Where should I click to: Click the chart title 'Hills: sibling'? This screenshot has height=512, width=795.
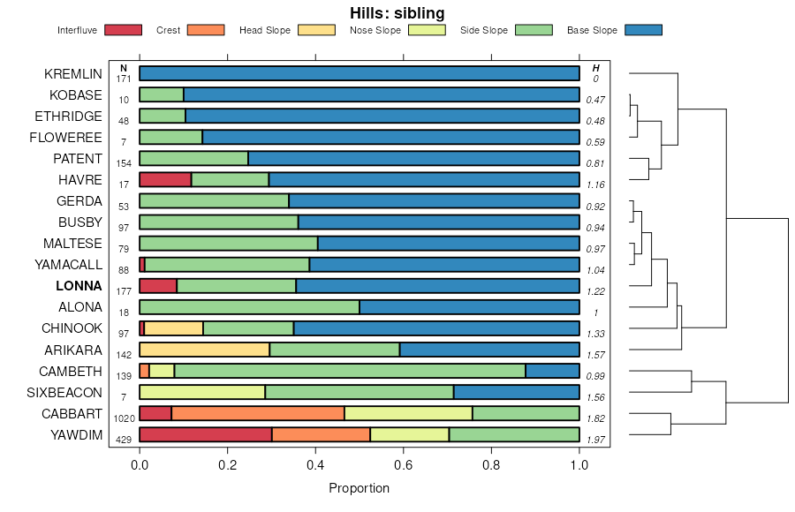click(x=397, y=13)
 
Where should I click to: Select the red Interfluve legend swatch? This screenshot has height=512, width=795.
click(x=123, y=30)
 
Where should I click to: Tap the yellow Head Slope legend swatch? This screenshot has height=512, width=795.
click(x=316, y=30)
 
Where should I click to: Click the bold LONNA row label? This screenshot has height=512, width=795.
click(x=79, y=286)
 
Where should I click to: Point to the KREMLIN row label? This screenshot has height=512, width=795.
click(x=73, y=74)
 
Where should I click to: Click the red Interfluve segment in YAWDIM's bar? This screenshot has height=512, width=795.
click(x=205, y=434)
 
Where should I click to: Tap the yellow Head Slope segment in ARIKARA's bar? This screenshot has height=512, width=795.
click(x=204, y=350)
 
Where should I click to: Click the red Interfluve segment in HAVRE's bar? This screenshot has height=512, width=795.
click(x=165, y=180)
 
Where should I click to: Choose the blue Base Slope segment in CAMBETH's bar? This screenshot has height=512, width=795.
click(x=552, y=371)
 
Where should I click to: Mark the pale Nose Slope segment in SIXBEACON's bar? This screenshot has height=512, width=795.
click(x=202, y=392)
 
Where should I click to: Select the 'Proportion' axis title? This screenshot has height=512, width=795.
click(x=359, y=488)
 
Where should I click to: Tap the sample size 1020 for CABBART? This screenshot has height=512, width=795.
click(x=124, y=418)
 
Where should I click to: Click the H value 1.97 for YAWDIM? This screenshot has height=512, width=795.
click(x=596, y=440)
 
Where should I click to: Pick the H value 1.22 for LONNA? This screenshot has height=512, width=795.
click(x=596, y=291)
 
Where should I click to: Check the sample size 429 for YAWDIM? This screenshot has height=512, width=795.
click(x=124, y=440)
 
